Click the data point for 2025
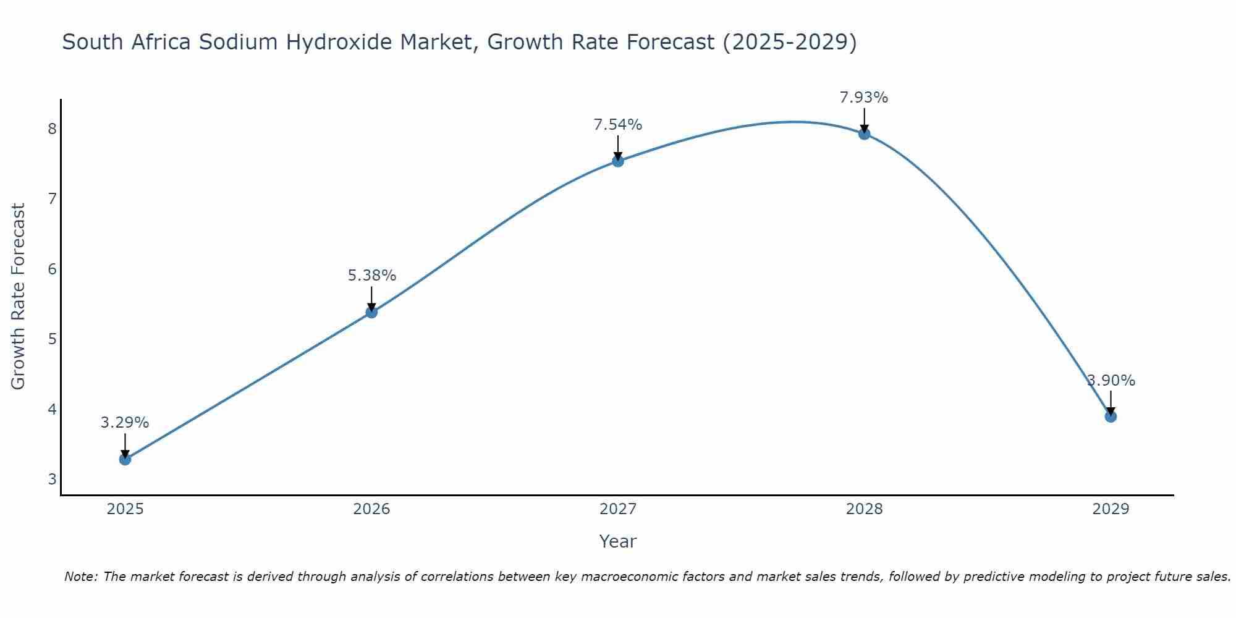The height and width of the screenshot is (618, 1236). [125, 459]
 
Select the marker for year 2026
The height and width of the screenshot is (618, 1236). [371, 312]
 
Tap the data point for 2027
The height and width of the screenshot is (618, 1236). [618, 161]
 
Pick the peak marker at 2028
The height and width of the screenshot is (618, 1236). [864, 133]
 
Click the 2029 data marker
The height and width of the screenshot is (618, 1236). [1111, 417]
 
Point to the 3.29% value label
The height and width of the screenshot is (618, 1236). [125, 423]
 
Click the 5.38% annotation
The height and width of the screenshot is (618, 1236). [371, 276]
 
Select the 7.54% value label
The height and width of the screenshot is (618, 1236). [618, 125]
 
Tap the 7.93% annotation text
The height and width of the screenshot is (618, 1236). [864, 98]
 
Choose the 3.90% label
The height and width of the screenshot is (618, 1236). [1111, 381]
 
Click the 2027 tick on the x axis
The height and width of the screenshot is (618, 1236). [618, 509]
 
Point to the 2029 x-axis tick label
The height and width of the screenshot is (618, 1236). [1111, 509]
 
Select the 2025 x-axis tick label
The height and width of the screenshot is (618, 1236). [125, 509]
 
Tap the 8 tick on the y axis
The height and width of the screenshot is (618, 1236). [52, 129]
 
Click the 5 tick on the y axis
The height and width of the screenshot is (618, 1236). [52, 339]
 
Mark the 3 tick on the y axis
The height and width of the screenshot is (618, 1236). [52, 479]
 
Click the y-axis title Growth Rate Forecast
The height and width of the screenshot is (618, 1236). [19, 297]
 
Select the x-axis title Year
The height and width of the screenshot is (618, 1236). [618, 541]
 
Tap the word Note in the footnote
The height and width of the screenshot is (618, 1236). [80, 577]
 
